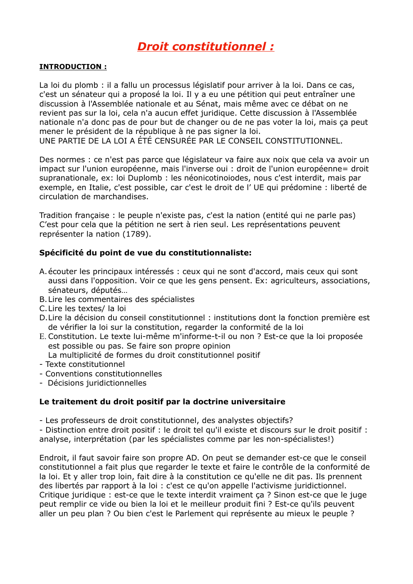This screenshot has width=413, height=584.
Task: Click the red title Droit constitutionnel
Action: click(205, 47)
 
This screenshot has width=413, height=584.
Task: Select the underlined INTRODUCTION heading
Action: click(73, 67)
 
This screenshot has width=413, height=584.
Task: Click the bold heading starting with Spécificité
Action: click(145, 253)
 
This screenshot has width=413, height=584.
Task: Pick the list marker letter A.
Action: click(42, 272)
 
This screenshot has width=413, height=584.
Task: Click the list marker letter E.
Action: click(42, 337)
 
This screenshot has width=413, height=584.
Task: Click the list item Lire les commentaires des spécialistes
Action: click(121, 299)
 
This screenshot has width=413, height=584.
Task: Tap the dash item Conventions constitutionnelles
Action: click(104, 374)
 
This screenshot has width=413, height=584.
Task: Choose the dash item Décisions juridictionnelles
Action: click(97, 383)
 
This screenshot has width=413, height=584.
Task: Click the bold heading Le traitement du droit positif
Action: click(162, 402)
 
